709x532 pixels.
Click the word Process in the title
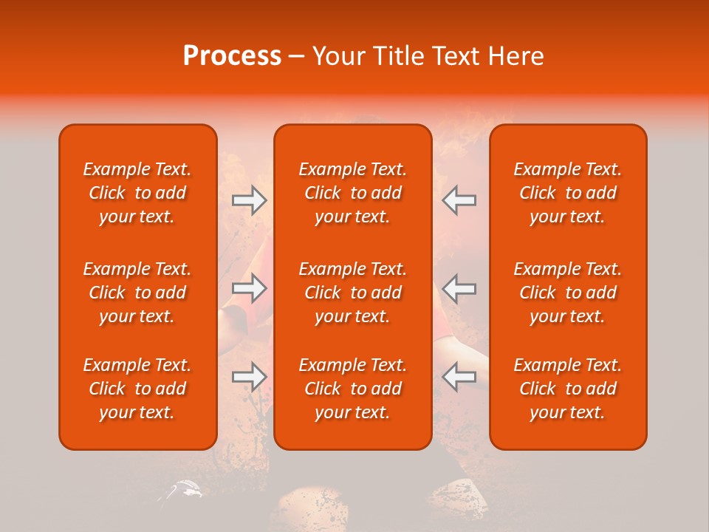click(x=232, y=55)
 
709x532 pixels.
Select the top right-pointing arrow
click(x=250, y=200)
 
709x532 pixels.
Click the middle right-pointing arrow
click(x=250, y=288)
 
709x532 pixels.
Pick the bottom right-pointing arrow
click(x=250, y=377)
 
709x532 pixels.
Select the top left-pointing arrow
click(x=459, y=200)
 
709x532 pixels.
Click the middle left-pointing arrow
click(x=459, y=288)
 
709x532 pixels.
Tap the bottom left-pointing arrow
click(x=459, y=377)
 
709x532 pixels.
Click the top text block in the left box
click(x=137, y=193)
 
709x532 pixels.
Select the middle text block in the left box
click(x=137, y=293)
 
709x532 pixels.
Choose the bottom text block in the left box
click(x=137, y=389)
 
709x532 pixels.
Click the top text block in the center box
click(x=352, y=193)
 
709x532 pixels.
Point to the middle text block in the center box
click(x=352, y=293)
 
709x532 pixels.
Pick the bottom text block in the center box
click(x=352, y=389)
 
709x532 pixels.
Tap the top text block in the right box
click(x=567, y=193)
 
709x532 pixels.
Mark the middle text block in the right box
click(x=567, y=293)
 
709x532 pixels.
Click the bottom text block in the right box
click(x=567, y=389)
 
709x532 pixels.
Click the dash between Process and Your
click(x=296, y=57)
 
